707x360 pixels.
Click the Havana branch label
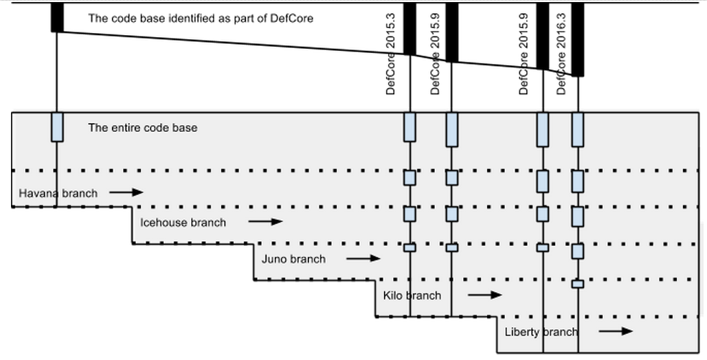(58, 193)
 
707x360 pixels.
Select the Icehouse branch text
(183, 222)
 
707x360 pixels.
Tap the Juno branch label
(293, 259)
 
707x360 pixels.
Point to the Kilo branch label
(412, 295)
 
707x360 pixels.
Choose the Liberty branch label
(541, 332)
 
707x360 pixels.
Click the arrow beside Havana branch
(126, 193)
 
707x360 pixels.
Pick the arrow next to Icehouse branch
(266, 222)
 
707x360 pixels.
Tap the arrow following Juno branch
(363, 259)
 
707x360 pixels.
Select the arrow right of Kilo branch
(485, 295)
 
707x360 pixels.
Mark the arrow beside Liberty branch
(615, 331)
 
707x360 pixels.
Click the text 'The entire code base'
(142, 128)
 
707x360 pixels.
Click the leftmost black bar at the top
(57, 17)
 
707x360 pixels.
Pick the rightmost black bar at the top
(578, 38)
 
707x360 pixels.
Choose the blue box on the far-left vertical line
(57, 127)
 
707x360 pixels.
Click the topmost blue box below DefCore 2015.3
(409, 127)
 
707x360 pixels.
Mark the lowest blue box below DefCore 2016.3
(578, 284)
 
